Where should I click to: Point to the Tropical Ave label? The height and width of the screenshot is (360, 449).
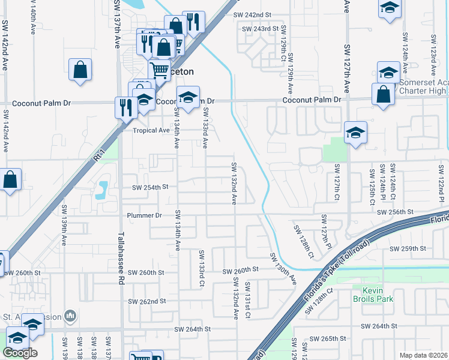[x=151, y=130]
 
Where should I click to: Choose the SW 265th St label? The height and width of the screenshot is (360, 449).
[x=338, y=338]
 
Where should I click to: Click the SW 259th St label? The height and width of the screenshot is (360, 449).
[x=408, y=248]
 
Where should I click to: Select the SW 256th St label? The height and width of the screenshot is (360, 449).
[x=396, y=212]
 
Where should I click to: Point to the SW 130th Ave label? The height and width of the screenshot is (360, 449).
[x=283, y=268]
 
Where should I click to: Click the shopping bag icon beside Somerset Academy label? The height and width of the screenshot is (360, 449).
[x=383, y=94]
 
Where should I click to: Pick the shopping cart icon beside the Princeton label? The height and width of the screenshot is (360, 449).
[x=159, y=70]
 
